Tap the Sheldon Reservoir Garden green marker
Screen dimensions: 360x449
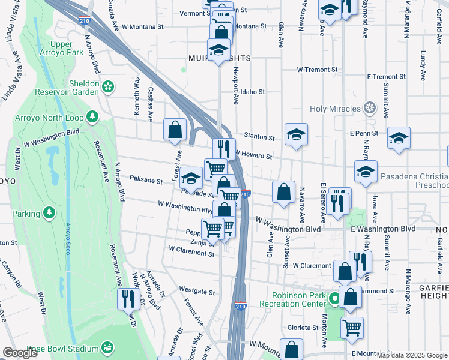[x=108, y=88]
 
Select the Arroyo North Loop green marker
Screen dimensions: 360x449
[x=92, y=116]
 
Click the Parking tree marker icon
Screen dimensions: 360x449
[x=49, y=213]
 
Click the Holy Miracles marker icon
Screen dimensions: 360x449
[x=370, y=109]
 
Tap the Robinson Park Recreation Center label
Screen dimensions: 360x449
[x=291, y=299]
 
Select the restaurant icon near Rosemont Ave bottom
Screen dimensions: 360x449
[x=128, y=298]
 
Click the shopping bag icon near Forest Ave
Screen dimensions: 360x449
[x=175, y=129]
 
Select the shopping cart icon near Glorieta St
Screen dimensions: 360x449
[x=352, y=328]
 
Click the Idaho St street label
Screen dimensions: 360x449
[x=253, y=92]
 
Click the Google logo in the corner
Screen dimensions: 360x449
[x=20, y=353]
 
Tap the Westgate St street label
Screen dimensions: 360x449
[x=197, y=292]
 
